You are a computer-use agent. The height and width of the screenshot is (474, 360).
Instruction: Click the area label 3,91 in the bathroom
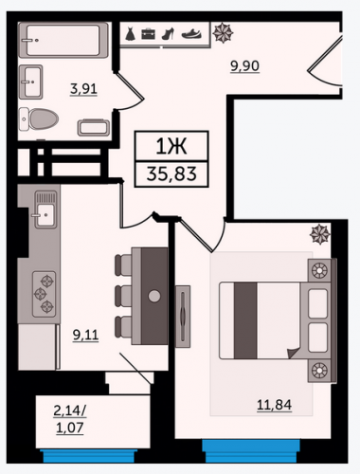pyautogui.click(x=83, y=89)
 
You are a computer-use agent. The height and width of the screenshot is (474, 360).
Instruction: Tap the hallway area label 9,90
pyautogui.click(x=244, y=66)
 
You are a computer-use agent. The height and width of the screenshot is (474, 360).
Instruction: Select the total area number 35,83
pyautogui.click(x=171, y=173)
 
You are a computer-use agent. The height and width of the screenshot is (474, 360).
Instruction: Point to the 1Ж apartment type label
pyautogui.click(x=171, y=146)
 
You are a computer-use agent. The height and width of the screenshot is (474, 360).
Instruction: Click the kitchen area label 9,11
pyautogui.click(x=85, y=335)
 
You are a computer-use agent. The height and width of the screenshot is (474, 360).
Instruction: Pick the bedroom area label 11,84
pyautogui.click(x=274, y=405)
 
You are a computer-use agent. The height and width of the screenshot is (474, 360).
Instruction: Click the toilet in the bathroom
pyautogui.click(x=39, y=119)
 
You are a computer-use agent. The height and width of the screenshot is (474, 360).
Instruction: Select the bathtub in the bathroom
pyautogui.click(x=63, y=40)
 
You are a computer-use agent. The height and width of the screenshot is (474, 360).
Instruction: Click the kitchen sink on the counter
pyautogui.click(x=45, y=210)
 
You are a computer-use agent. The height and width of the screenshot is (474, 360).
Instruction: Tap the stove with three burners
pyautogui.click(x=45, y=294)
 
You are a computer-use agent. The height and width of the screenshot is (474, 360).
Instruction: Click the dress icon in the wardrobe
pyautogui.click(x=130, y=34)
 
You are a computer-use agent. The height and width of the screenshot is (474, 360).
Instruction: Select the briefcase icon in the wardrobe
pyautogui.click(x=148, y=34)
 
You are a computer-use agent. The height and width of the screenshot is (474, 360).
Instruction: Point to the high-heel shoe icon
pyautogui.click(x=168, y=34)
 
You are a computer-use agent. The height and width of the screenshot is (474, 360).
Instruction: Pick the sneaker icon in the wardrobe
pyautogui.click(x=191, y=34)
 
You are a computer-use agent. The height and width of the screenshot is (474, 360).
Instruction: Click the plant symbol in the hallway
pyautogui.click(x=223, y=32)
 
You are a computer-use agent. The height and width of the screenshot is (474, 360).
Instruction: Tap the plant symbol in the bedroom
pyautogui.click(x=320, y=234)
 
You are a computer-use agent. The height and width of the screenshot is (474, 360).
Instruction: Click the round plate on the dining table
pyautogui.click(x=154, y=296)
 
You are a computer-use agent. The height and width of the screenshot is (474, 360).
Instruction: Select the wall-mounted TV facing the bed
pyautogui.click(x=183, y=317)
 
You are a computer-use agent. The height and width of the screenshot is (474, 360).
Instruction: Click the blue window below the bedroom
pyautogui.click(x=251, y=451)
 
